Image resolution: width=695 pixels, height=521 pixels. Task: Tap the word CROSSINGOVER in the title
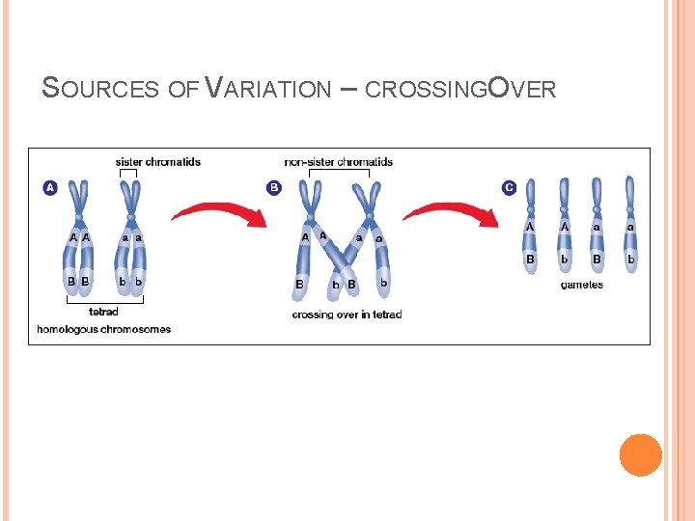460,89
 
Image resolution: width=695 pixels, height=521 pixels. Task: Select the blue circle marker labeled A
50,187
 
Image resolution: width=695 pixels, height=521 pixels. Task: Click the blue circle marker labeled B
274,187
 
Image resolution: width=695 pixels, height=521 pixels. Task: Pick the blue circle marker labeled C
509,187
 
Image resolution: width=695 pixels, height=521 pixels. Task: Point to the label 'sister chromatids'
158,161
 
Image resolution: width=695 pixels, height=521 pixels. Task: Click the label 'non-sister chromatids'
338,161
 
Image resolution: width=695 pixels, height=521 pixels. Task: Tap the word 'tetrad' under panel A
103,312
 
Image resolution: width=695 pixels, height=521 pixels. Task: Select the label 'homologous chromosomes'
104,329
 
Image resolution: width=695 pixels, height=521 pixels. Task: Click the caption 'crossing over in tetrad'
347,315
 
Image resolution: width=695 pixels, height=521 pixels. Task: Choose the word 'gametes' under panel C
581,285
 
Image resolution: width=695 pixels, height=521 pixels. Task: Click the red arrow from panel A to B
218,213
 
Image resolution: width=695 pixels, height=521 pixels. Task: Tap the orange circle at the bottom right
640,455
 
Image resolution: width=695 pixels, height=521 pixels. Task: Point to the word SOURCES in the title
101,89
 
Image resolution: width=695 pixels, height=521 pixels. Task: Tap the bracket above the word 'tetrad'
104,301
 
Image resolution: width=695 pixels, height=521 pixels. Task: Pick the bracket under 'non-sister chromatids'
339,173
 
